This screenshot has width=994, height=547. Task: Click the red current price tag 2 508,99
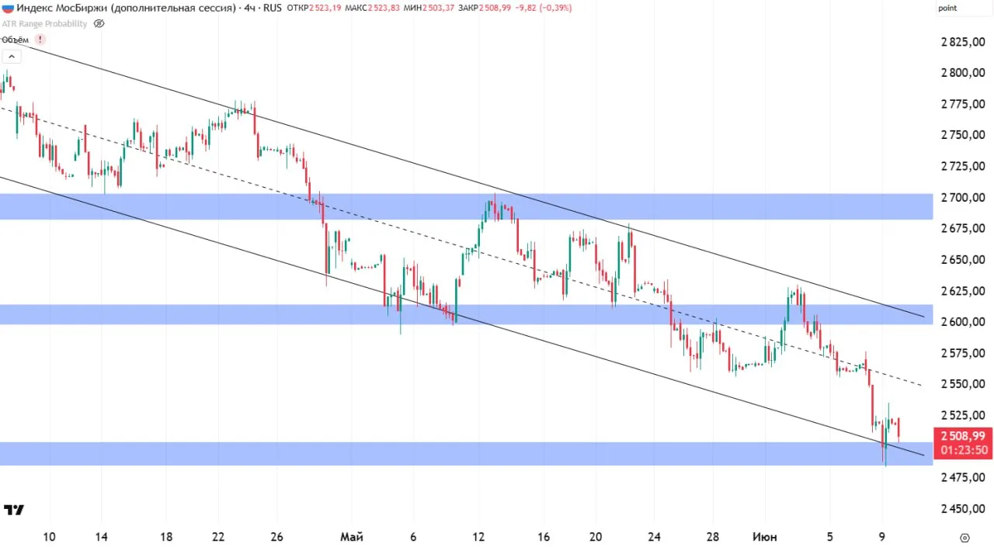click(962, 442)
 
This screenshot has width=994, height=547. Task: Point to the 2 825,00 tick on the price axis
click(963, 42)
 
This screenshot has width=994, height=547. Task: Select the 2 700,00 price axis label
click(963, 197)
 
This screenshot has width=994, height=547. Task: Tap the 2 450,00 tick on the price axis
click(963, 508)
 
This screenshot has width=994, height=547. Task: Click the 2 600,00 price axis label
click(963, 322)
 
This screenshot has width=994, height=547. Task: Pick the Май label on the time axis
click(352, 537)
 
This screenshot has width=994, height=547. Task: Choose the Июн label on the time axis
click(765, 537)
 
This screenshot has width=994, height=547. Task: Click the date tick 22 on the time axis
click(218, 537)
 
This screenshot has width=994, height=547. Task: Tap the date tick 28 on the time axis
click(713, 537)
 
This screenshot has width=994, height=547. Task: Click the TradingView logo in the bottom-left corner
click(14, 510)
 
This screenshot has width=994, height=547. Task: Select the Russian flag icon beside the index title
click(8, 8)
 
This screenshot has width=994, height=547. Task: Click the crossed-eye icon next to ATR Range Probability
click(99, 23)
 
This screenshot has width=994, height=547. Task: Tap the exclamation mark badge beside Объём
click(40, 40)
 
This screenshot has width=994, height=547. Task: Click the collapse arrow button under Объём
click(12, 57)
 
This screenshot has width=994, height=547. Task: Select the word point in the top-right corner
click(947, 9)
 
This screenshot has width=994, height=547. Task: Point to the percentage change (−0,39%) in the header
click(555, 8)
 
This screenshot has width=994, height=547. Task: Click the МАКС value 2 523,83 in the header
click(384, 8)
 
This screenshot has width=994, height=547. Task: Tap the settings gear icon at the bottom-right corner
click(964, 538)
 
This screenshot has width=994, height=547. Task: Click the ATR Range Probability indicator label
click(44, 24)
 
